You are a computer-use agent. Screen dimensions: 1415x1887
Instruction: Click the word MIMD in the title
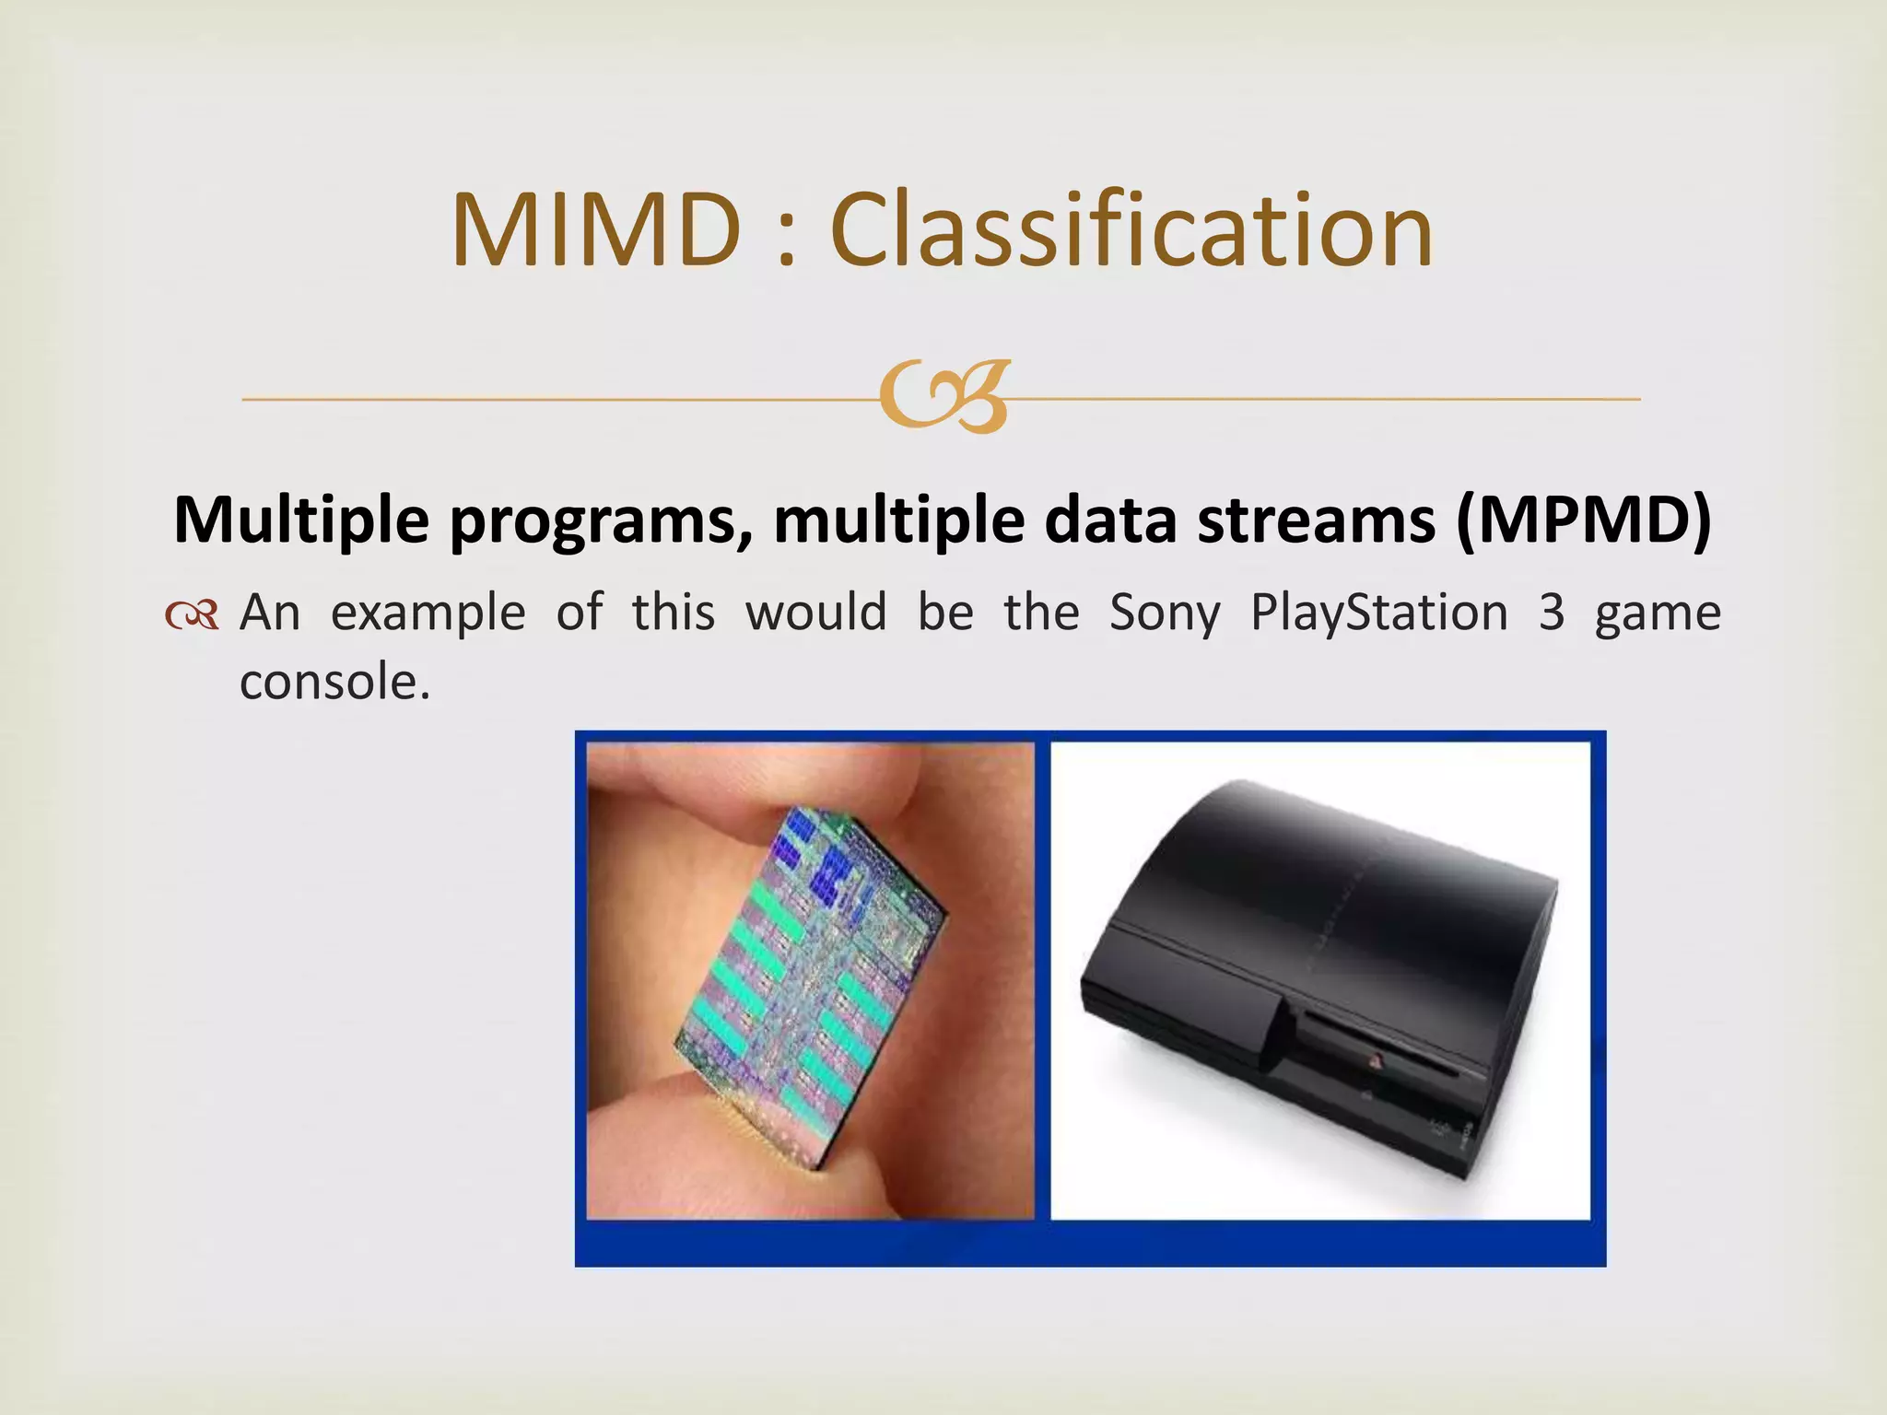596,229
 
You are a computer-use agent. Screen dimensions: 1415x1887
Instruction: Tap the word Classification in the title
1131,229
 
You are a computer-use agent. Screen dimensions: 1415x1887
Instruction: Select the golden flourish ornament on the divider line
943,397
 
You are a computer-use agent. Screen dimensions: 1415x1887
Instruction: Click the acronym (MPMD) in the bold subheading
1584,520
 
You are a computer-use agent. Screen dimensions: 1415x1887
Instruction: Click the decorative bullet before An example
193,615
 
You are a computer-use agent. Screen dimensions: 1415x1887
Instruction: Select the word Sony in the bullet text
1165,614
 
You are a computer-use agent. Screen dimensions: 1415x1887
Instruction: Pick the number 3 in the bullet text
1552,614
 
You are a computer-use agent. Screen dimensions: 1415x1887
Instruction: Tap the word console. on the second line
334,683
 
